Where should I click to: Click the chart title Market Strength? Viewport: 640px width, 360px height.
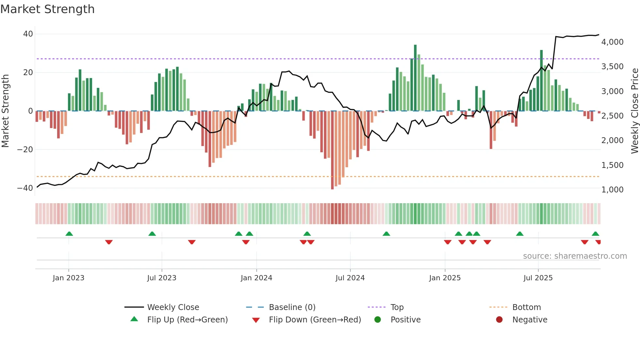coord(47,9)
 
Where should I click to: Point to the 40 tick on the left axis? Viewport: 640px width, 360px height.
coord(28,34)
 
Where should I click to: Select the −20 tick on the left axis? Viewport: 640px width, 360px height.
coord(25,150)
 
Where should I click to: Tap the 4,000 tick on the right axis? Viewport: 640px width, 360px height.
coord(612,42)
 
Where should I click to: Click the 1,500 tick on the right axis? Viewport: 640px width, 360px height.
coord(612,165)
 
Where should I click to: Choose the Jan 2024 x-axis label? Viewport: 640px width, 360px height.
coord(256,278)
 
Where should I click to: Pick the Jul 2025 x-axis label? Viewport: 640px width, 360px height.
coord(538,278)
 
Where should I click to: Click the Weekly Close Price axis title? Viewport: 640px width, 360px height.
coord(634,111)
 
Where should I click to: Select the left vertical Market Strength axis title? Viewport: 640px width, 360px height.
coord(5,111)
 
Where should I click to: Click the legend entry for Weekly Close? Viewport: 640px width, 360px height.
coord(173,307)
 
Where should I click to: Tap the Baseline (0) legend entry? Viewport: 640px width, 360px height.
coord(292,307)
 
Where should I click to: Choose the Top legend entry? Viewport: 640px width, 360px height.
coord(397,307)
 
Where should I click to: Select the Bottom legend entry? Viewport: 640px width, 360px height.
coord(526,307)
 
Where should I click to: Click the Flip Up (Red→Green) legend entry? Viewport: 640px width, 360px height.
coord(187,320)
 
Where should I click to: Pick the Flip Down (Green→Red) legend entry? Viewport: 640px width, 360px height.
coord(314,320)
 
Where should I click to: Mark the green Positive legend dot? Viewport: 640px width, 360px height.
coord(377,320)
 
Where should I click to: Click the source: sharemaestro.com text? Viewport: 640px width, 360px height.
coord(575,256)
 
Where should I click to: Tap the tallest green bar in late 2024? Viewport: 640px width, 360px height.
coord(415,78)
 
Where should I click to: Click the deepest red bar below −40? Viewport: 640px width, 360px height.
coord(332,150)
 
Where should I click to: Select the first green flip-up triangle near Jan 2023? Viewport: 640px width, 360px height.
coord(69,234)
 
